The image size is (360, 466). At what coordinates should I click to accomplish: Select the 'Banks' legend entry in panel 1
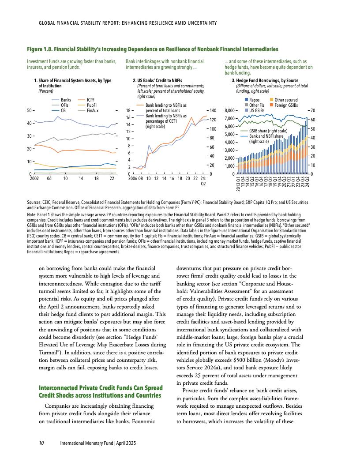(x=66, y=100)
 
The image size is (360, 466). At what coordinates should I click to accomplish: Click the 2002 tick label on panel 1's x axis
(x=34, y=179)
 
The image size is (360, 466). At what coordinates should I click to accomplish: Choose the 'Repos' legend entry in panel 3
(x=254, y=100)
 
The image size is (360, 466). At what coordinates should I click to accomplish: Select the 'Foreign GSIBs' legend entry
(x=286, y=105)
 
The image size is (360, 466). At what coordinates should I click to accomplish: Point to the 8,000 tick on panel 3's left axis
(x=232, y=110)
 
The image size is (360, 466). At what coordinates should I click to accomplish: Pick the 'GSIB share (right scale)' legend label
(x=268, y=131)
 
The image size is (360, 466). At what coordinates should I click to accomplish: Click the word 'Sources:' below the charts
(x=35, y=202)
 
